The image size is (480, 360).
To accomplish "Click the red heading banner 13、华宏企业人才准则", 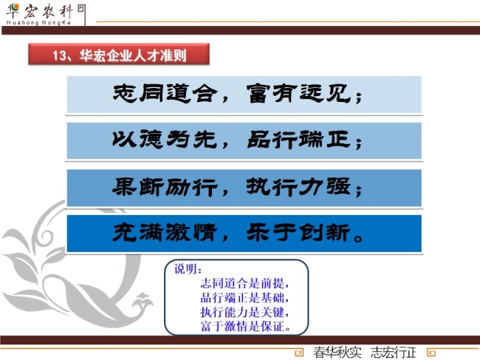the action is tap(119, 54).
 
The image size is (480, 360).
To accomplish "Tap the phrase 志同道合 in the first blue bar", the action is tap(165, 93).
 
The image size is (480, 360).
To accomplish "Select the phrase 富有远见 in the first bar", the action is tap(298, 93).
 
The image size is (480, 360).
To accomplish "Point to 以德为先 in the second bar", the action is tap(165, 140).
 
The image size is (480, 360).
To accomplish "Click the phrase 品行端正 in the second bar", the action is tap(298, 140).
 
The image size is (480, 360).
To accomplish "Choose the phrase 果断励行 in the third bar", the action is tap(165, 186).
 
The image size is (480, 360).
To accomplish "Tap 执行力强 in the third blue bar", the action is tap(298, 186).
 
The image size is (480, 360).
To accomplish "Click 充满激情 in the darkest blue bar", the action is tap(165, 233).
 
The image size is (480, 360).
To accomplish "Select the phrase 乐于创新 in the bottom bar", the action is tap(298, 233).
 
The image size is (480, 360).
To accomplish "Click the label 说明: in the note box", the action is tap(188, 269).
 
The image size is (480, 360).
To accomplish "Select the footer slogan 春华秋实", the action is tap(337, 353).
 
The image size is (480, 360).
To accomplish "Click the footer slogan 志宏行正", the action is tap(393, 353).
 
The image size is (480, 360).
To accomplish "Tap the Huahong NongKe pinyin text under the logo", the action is tap(38, 23).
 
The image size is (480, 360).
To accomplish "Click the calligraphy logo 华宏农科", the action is tap(40, 11).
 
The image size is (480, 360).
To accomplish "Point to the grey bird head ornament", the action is tap(143, 302).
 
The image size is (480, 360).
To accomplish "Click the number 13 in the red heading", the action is tap(59, 55).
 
